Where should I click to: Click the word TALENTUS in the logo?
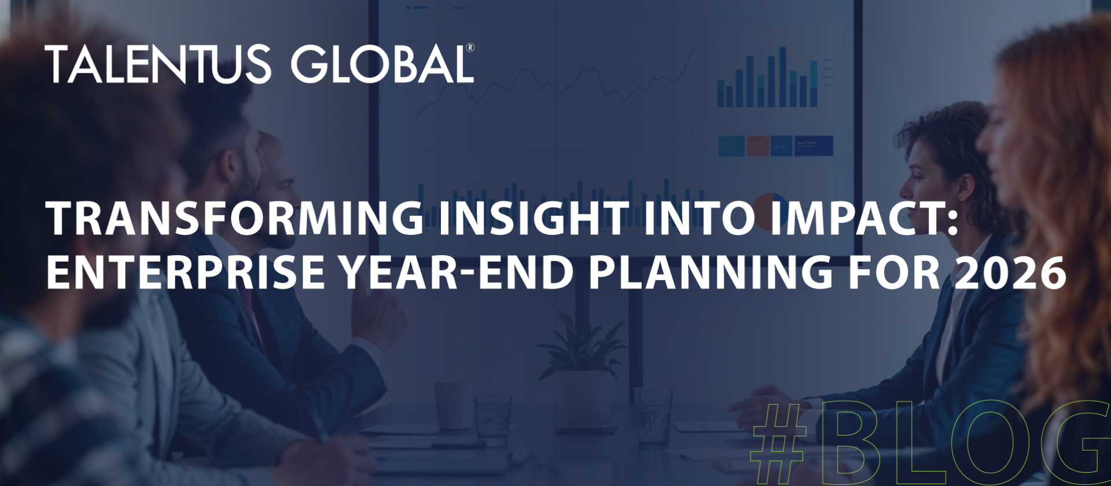tap(157, 64)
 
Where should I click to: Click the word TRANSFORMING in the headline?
tap(235, 219)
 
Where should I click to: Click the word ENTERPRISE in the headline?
tap(185, 272)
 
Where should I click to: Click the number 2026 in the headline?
tap(1010, 272)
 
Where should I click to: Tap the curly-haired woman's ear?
tap(963, 185)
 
